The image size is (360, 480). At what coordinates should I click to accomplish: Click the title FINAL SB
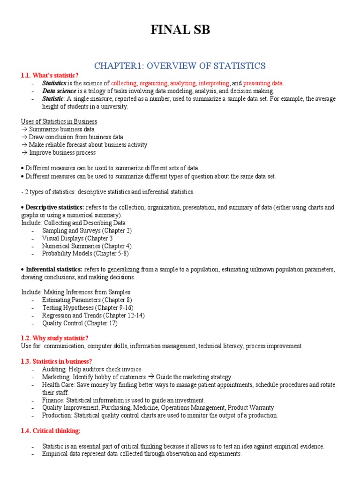180,30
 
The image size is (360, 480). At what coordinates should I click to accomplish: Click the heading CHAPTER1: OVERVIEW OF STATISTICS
180,65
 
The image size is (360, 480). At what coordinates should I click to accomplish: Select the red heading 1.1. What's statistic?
50,75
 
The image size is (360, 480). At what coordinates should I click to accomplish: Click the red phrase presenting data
263,83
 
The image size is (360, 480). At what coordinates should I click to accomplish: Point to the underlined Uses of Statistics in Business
59,121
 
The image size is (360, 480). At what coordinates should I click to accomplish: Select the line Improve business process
62,153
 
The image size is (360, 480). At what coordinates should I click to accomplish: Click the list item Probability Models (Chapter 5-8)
85,254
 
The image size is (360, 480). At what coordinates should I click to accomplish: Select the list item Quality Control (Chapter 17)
80,323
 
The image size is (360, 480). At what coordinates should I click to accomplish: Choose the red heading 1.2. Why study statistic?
54,338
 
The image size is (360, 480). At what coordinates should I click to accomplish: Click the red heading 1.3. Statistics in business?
57,361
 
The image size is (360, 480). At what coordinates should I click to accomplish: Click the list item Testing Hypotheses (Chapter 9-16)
88,308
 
